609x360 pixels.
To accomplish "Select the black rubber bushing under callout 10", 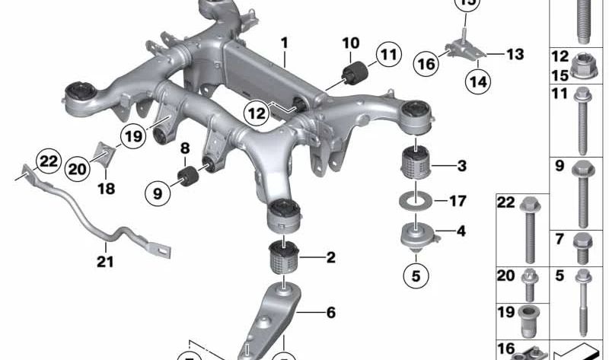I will [353, 75].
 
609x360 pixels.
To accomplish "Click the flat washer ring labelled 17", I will [415, 202].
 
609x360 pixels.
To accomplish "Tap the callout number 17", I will [458, 202].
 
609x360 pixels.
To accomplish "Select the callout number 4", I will [461, 231].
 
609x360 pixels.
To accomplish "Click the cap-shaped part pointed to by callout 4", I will [417, 235].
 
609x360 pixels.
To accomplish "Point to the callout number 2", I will [330, 258].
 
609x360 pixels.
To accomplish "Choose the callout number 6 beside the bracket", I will [330, 311].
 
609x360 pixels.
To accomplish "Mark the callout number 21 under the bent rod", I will [104, 263].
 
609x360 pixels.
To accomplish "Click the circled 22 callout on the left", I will [48, 161].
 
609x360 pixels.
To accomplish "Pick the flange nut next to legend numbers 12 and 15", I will [581, 65].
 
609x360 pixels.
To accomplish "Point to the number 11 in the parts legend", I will [560, 94].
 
